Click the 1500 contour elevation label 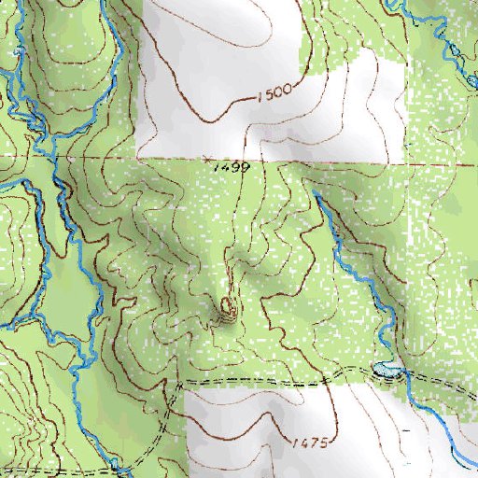pyautogui.click(x=273, y=91)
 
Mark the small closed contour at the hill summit pyautogui.click(x=228, y=304)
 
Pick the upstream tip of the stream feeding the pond pyautogui.click(x=315, y=192)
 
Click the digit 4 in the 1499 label pyautogui.click(x=220, y=168)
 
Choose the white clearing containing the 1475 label pyautogui.click(x=280, y=429)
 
